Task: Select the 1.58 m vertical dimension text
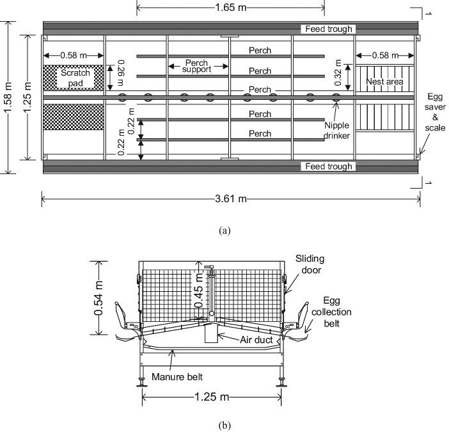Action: pyautogui.click(x=8, y=97)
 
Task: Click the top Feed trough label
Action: pyautogui.click(x=327, y=29)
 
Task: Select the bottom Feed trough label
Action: pyautogui.click(x=327, y=166)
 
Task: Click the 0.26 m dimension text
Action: pyautogui.click(x=119, y=76)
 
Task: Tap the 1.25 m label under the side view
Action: pyautogui.click(x=210, y=397)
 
